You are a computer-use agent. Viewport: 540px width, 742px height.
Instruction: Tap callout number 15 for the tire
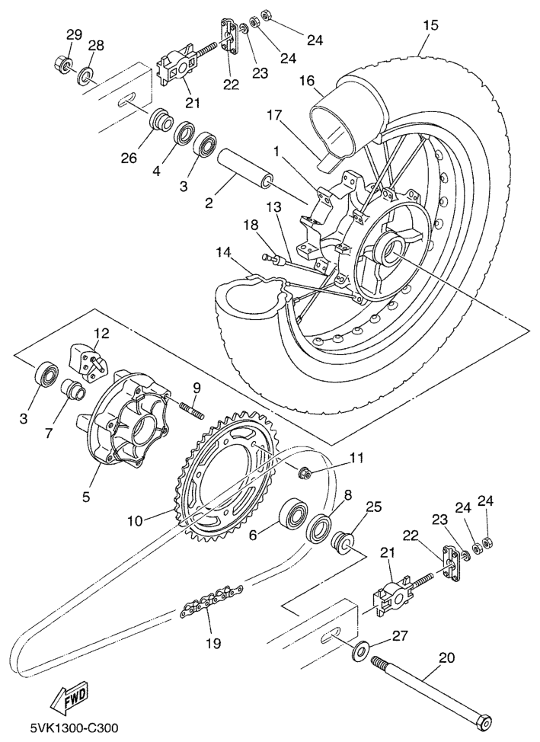[x=430, y=25]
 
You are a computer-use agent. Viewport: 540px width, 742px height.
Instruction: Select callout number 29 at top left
[x=73, y=34]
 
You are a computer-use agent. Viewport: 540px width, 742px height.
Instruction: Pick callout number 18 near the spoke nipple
[x=252, y=225]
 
